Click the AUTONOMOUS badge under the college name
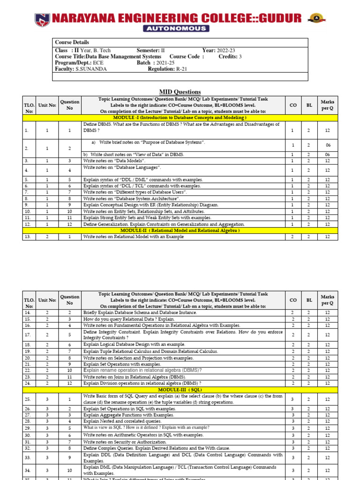click(x=180, y=29)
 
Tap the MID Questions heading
click(x=180, y=92)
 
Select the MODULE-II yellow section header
click(x=180, y=230)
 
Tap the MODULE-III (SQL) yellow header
click(x=180, y=390)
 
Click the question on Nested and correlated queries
click(x=122, y=421)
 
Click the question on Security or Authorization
click(x=127, y=442)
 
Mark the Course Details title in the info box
click(x=72, y=42)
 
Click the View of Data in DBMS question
click(x=134, y=154)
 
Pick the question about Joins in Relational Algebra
click(x=135, y=376)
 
